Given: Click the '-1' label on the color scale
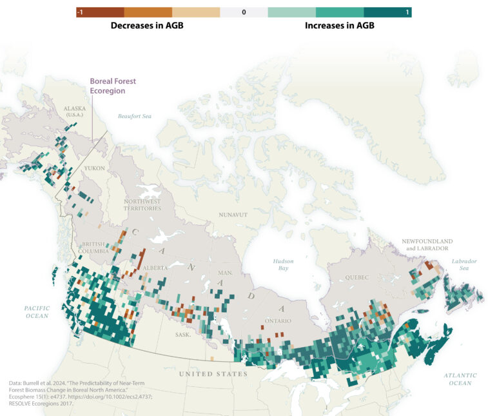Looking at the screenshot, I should (80, 12).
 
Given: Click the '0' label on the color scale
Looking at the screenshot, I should (244, 12).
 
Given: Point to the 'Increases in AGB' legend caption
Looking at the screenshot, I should (339, 26).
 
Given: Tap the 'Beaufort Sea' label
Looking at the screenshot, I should (134, 116).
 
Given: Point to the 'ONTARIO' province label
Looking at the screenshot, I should (279, 321).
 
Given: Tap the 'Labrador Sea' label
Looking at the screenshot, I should (464, 264).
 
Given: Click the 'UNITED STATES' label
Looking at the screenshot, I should (213, 374).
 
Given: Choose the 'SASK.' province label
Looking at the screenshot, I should (184, 335).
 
